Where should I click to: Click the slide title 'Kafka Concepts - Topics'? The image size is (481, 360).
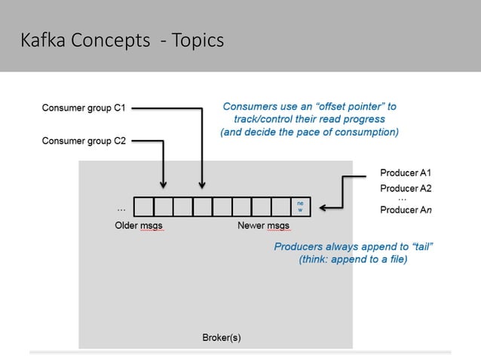[x=122, y=40]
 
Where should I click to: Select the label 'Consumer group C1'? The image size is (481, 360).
[x=83, y=108]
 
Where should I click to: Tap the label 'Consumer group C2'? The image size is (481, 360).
[x=83, y=141]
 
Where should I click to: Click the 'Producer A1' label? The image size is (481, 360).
[x=406, y=173]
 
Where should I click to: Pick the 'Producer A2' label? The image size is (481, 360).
[x=406, y=188]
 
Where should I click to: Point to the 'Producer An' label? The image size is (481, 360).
[x=406, y=210]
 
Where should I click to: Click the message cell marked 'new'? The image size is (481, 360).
[x=301, y=206]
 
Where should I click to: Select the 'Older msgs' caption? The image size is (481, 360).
[x=139, y=225]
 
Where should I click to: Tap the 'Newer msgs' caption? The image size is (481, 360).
[x=263, y=225]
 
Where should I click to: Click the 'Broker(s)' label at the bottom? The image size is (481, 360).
[x=222, y=337]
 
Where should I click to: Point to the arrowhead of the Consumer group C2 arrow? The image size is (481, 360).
[x=164, y=184]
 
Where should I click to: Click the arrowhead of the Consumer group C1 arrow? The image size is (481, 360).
[x=202, y=184]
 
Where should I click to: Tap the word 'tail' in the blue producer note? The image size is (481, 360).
[x=422, y=246]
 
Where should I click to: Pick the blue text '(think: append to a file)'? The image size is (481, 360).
[x=353, y=260]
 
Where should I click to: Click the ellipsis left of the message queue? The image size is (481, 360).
[x=121, y=206]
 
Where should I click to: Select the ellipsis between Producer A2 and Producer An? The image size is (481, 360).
[x=403, y=199]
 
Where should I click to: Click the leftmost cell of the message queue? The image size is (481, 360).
[x=143, y=206]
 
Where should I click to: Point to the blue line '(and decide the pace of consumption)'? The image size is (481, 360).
[x=309, y=132]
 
